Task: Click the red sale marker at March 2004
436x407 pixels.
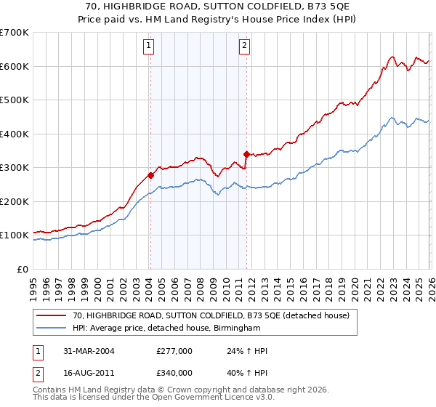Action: pos(150,175)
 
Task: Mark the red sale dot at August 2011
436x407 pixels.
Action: pos(246,154)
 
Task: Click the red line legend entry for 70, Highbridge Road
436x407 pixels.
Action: pos(211,315)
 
